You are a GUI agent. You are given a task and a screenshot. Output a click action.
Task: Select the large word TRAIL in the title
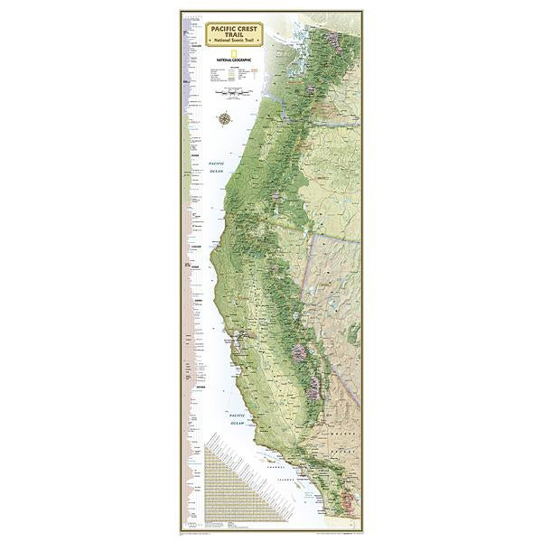pyautogui.click(x=234, y=37)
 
